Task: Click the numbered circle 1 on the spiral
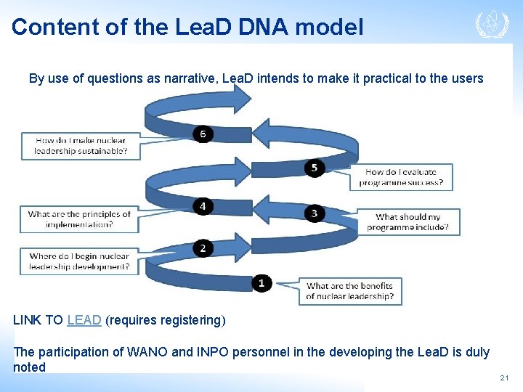[x=261, y=283]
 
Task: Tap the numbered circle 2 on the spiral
[x=203, y=248]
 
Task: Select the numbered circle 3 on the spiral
[x=314, y=213]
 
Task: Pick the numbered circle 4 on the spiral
[x=203, y=207]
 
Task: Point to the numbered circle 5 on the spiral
[x=314, y=168]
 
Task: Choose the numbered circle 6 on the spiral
[x=203, y=134]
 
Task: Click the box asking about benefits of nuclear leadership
[x=350, y=291]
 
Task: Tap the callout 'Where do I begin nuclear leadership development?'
[x=79, y=261]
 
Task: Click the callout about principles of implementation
[x=79, y=219]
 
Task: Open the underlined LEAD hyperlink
[x=84, y=320]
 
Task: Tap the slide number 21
[x=504, y=378]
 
